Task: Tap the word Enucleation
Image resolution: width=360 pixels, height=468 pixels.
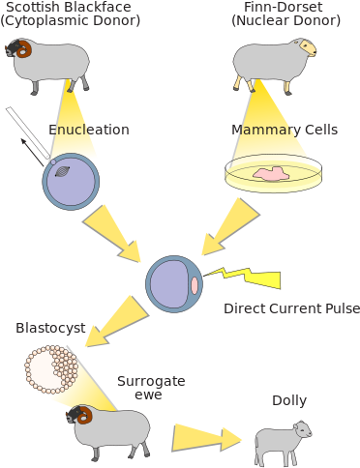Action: tap(89, 130)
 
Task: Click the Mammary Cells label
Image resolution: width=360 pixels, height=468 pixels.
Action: tap(285, 130)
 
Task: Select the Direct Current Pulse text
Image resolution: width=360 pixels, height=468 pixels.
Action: tap(291, 308)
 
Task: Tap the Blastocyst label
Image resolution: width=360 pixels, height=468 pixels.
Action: tap(50, 328)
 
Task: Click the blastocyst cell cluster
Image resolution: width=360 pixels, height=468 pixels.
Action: tap(50, 369)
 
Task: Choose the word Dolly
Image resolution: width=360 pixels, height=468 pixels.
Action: tap(288, 400)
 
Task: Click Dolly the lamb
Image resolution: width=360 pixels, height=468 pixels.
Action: tap(283, 441)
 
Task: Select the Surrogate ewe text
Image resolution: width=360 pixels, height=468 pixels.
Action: tap(151, 389)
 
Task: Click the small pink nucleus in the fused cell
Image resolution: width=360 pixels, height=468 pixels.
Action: tap(195, 286)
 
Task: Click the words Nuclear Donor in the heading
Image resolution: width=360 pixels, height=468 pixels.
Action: tap(285, 20)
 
